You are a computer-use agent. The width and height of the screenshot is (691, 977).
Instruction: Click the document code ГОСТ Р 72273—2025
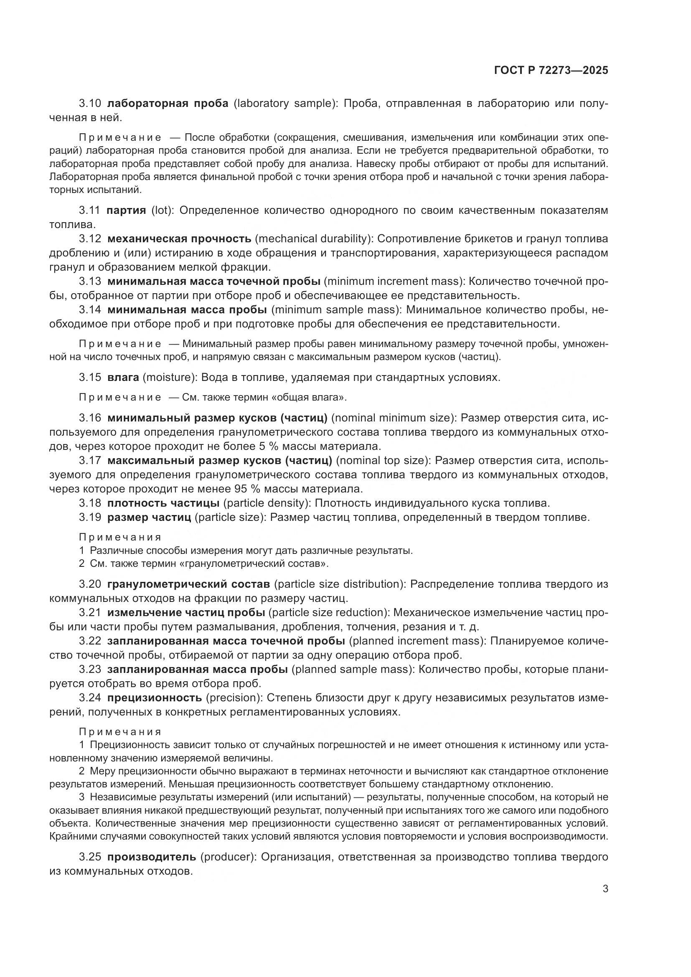click(551, 70)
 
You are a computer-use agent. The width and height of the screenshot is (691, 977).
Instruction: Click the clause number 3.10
click(90, 104)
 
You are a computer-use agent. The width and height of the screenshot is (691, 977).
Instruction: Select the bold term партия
click(126, 210)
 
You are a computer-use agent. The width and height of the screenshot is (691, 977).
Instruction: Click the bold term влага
click(123, 378)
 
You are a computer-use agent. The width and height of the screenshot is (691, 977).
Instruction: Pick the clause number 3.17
click(90, 460)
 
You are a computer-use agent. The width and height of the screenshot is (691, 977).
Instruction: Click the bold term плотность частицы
click(163, 503)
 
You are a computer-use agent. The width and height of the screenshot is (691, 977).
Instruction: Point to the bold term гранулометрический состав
click(188, 584)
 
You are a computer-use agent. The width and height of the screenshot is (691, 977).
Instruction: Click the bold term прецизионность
click(155, 698)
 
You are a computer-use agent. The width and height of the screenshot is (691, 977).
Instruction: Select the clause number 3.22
click(90, 641)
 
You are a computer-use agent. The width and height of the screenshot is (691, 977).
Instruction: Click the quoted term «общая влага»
click(309, 397)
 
